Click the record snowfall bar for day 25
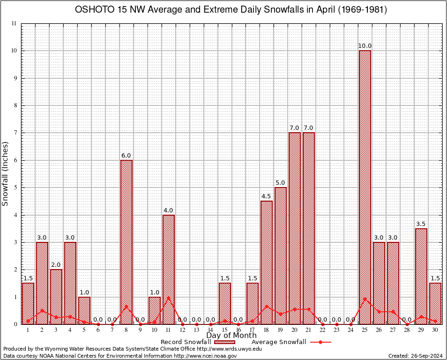coord(365,187)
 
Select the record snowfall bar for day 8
coord(127,242)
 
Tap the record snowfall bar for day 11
coord(169,270)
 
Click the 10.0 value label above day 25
coord(365,46)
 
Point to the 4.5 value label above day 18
coord(267,196)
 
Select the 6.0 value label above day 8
coord(127,156)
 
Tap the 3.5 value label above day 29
coord(421,224)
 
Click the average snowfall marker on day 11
coord(169,298)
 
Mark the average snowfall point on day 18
coord(267,307)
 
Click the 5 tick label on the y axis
coord(15,187)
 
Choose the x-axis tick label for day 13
coord(196,330)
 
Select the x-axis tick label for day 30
coord(435,330)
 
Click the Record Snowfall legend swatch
coord(224,342)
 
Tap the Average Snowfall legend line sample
coord(320,342)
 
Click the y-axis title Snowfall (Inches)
coord(6,173)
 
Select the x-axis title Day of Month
coord(231,336)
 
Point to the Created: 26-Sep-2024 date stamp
coord(416,356)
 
